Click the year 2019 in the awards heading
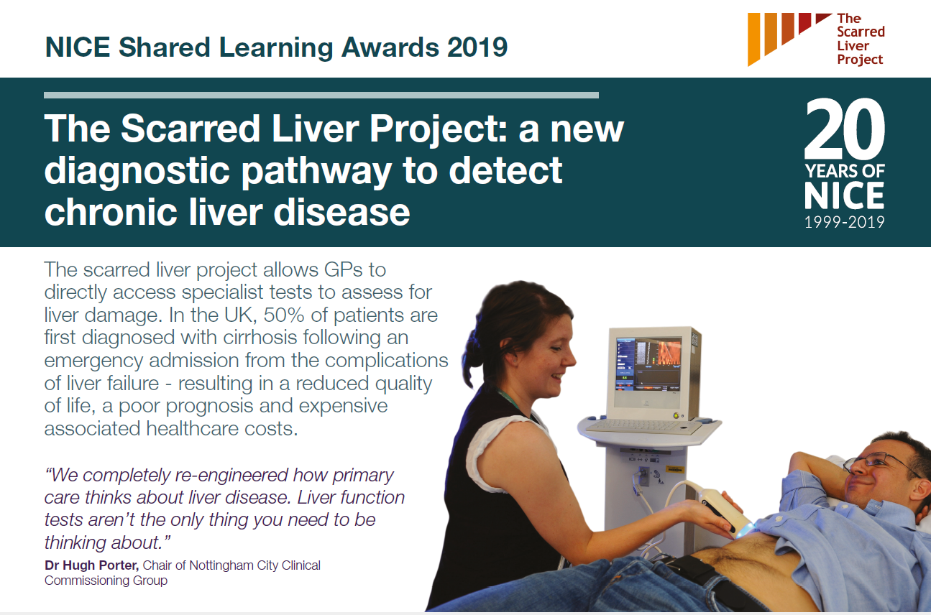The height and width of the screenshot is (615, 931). tap(477, 47)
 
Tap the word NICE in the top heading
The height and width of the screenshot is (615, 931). tap(78, 47)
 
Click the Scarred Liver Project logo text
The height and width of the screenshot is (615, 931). tap(861, 39)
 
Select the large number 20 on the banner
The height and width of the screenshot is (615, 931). tap(845, 129)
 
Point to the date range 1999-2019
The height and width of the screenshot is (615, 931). tap(845, 222)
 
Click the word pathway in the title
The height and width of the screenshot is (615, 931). tap(316, 172)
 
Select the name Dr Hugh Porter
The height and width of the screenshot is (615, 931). tap(91, 565)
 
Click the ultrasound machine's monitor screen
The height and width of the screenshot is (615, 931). tap(648, 364)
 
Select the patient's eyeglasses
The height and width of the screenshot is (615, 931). tap(877, 462)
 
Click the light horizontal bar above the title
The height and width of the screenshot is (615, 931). tap(321, 95)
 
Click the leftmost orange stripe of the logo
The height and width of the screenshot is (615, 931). tap(753, 39)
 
